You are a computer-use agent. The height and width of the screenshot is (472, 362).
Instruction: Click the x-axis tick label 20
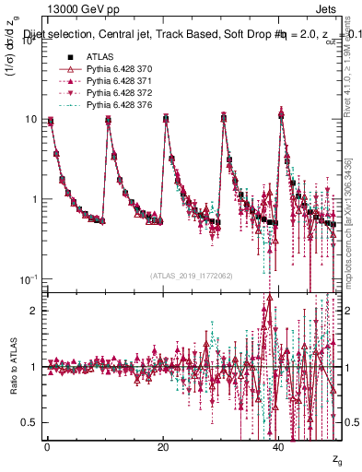click(163, 446)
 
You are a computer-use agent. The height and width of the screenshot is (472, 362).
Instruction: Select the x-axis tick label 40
click(279, 446)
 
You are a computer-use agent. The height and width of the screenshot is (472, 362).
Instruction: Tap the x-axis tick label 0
click(47, 446)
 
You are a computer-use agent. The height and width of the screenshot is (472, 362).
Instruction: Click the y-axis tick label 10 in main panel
click(28, 120)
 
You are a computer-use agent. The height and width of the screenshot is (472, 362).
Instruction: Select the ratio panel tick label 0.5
click(29, 422)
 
